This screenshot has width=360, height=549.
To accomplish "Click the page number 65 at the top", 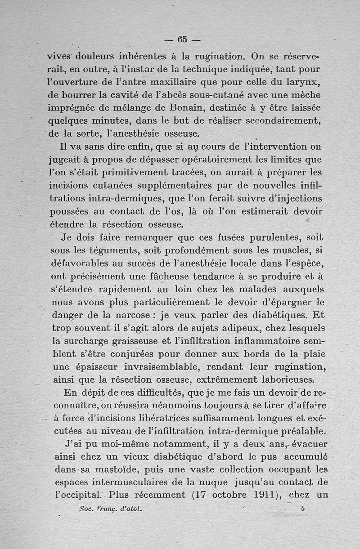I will click(x=182, y=39).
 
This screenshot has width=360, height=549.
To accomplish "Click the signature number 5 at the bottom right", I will click(x=302, y=509).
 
